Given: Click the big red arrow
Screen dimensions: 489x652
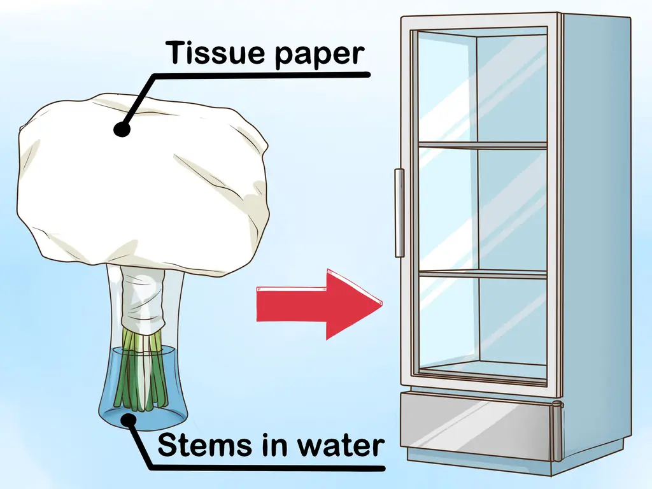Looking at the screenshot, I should click(318, 304).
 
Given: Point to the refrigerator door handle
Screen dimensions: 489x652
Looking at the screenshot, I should click(400, 213).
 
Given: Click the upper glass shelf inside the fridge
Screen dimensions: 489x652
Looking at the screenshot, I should click(482, 145).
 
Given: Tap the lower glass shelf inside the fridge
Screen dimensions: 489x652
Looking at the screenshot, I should click(482, 274).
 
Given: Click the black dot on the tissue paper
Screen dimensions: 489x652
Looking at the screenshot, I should click(122, 129).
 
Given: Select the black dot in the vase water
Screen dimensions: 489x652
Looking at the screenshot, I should click(130, 418).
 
